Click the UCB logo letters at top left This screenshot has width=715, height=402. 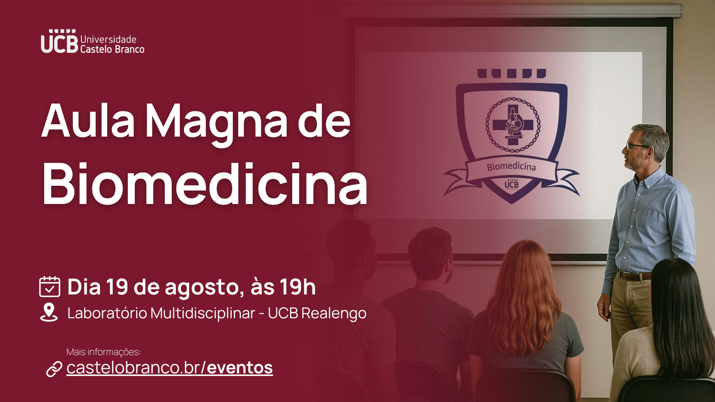coord(60,41)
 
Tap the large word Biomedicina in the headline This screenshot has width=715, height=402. coord(205,184)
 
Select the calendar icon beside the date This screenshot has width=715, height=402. coord(50,286)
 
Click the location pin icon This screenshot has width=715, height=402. coord(49,312)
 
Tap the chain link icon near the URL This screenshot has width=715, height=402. coord(54,369)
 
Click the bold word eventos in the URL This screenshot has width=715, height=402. coord(240,368)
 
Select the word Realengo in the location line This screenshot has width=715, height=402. coord(334,314)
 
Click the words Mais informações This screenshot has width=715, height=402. coord(104,352)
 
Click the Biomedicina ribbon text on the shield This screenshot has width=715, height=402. coord(511,166)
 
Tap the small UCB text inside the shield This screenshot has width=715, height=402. coord(511,184)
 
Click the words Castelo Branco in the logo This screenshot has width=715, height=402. coord(112,49)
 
